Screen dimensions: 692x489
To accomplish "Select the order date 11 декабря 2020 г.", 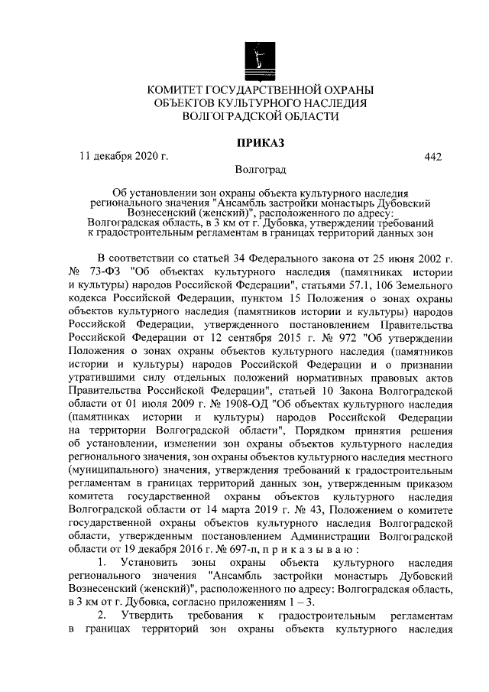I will pos(124,157).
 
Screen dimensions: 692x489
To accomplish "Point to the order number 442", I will pos(432,157).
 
